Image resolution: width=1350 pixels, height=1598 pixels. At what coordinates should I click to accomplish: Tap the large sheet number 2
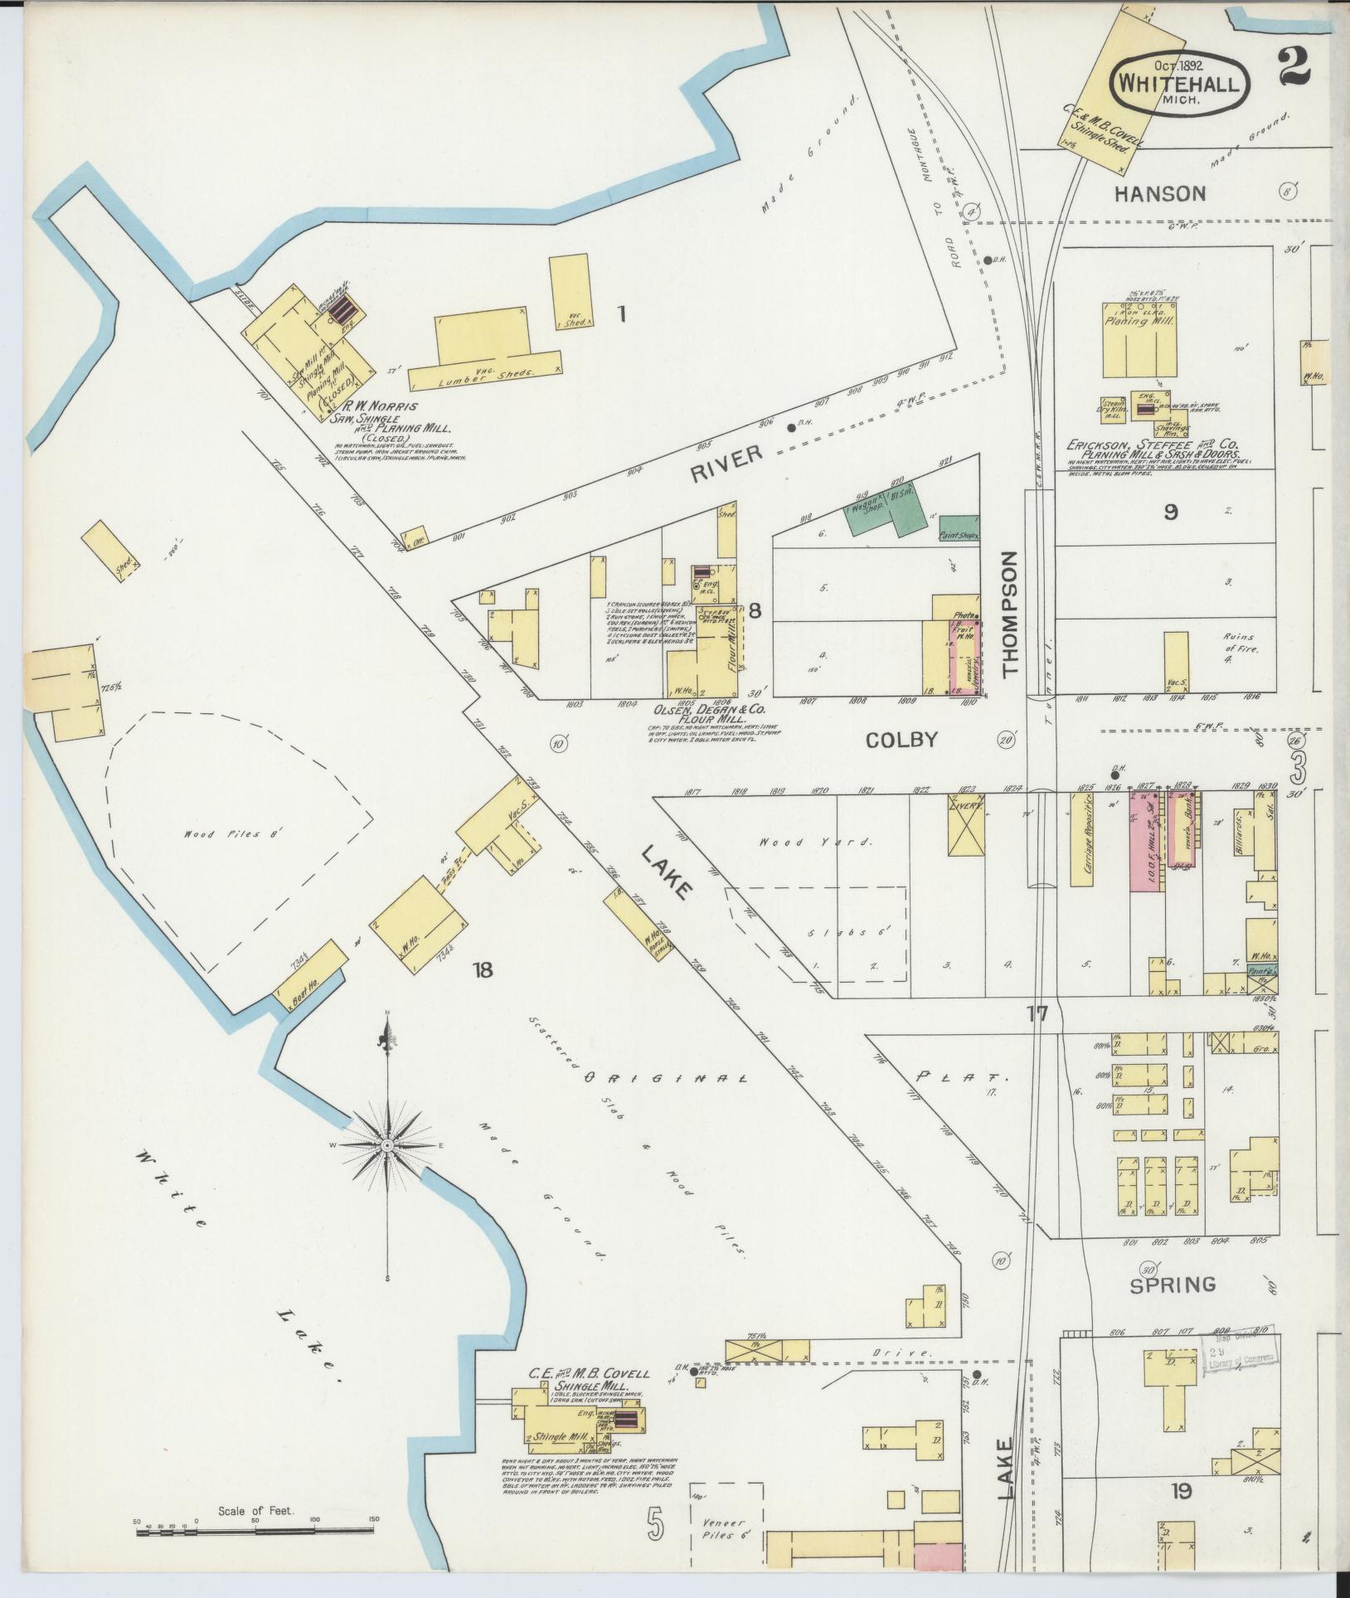coord(1293,66)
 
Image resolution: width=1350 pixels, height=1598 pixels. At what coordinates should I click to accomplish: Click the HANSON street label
coord(1160,194)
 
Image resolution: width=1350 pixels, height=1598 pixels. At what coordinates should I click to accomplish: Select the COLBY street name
coord(901,740)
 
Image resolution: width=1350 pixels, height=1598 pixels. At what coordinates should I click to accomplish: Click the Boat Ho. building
coord(308,970)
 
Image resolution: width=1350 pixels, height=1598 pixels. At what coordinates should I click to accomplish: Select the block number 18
coord(482,969)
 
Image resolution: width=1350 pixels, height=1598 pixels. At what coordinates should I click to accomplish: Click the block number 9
coord(1169,512)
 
